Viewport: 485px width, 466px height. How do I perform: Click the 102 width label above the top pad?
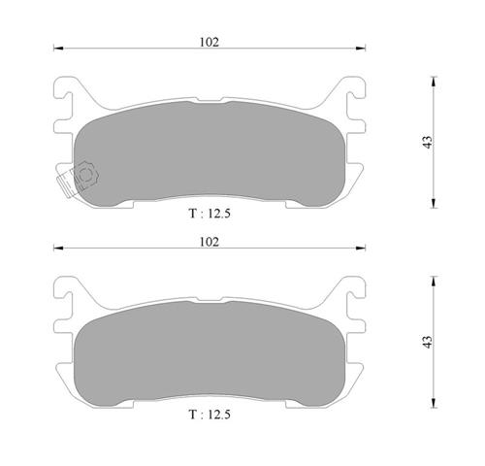pos(210,42)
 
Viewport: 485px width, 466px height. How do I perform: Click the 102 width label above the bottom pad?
pos(210,242)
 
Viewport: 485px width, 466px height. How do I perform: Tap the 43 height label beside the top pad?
pos(428,143)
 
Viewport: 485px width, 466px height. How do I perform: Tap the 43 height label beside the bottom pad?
pos(428,342)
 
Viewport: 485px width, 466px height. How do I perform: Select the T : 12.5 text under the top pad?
pos(210,214)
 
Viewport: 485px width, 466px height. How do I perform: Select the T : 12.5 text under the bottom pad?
pos(210,415)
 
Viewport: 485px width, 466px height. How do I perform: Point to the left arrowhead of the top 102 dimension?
pos(58,49)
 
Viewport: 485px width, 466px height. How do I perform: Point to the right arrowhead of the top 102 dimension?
pos(361,49)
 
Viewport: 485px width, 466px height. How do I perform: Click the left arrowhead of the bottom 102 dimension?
pos(58,249)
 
